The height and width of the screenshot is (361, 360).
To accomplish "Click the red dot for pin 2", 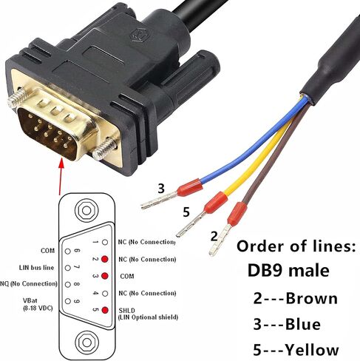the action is (105, 259).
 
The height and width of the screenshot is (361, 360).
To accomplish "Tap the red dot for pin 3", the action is (105, 276).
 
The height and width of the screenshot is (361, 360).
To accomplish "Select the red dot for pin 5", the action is (105, 310).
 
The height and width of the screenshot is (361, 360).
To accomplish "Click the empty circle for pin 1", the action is (105, 242).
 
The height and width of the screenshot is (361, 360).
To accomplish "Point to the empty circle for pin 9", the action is (68, 301).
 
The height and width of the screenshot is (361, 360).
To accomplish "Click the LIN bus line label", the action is (36, 268).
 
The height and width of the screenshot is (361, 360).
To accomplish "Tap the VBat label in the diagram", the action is (30, 300).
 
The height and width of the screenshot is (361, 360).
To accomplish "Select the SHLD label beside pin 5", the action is (127, 310).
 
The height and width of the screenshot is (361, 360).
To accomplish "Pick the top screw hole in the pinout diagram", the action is (86, 211).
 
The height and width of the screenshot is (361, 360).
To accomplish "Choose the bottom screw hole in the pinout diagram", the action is (86, 342).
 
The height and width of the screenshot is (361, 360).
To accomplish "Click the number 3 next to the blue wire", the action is (161, 189).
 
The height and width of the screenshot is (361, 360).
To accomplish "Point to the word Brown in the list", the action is (311, 299).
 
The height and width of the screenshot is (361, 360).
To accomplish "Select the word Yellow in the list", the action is (312, 350).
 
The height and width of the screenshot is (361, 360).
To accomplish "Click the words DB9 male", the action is (288, 271).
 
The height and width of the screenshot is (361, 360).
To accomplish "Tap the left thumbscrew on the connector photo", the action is (17, 98).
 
